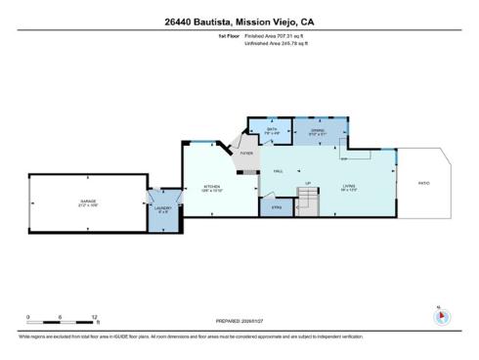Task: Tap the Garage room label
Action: (x=88, y=203)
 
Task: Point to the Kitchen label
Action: (x=212, y=187)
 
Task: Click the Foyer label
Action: (x=246, y=154)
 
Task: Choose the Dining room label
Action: (x=317, y=131)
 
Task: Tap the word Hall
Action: (x=278, y=170)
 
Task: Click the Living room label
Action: (x=349, y=187)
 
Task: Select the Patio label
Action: (x=423, y=183)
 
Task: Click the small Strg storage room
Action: (x=277, y=207)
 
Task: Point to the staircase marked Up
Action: (x=308, y=201)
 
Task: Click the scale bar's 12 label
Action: (x=95, y=318)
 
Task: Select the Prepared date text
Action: (x=239, y=320)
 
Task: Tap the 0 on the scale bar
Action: (x=28, y=318)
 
